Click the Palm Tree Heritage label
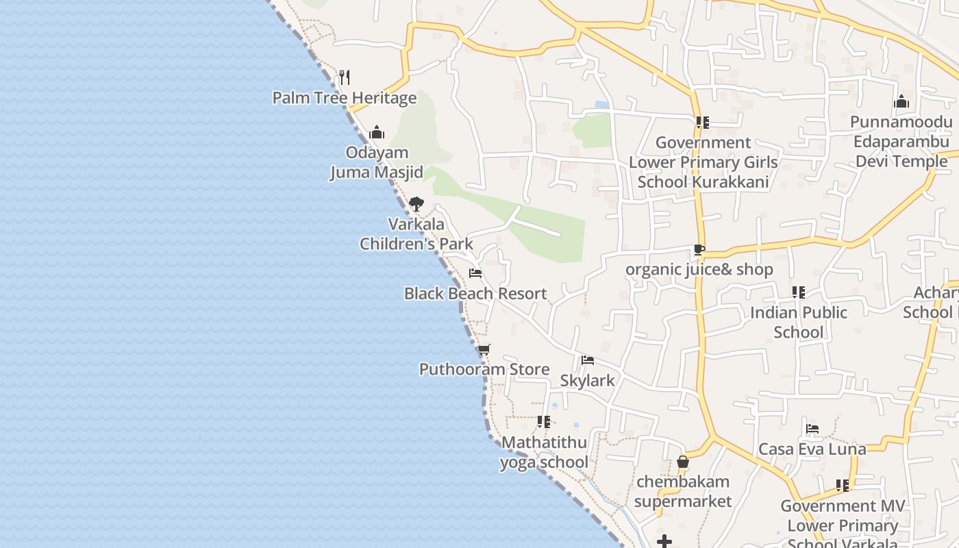pyautogui.click(x=344, y=98)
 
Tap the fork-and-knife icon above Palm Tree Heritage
pyautogui.click(x=345, y=77)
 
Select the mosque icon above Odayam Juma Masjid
pyautogui.click(x=376, y=132)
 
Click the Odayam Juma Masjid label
pyautogui.click(x=377, y=162)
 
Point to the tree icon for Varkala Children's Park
pyautogui.click(x=416, y=203)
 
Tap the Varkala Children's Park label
pyautogui.click(x=416, y=234)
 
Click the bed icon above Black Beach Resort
pyautogui.click(x=475, y=273)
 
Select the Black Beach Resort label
pyautogui.click(x=475, y=294)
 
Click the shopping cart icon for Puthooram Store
pyautogui.click(x=484, y=349)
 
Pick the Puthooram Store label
pyautogui.click(x=484, y=369)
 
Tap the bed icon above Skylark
pyautogui.click(x=587, y=360)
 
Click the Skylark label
pyautogui.click(x=587, y=381)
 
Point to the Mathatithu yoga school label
pyautogui.click(x=544, y=452)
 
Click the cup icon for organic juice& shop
pyautogui.click(x=699, y=249)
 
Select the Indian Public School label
pyautogui.click(x=798, y=323)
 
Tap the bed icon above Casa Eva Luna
pyautogui.click(x=812, y=429)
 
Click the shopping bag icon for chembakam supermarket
pyautogui.click(x=682, y=462)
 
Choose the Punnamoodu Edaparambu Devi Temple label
pyautogui.click(x=901, y=142)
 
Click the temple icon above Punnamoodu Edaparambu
pyautogui.click(x=901, y=102)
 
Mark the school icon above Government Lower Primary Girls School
pyautogui.click(x=702, y=123)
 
